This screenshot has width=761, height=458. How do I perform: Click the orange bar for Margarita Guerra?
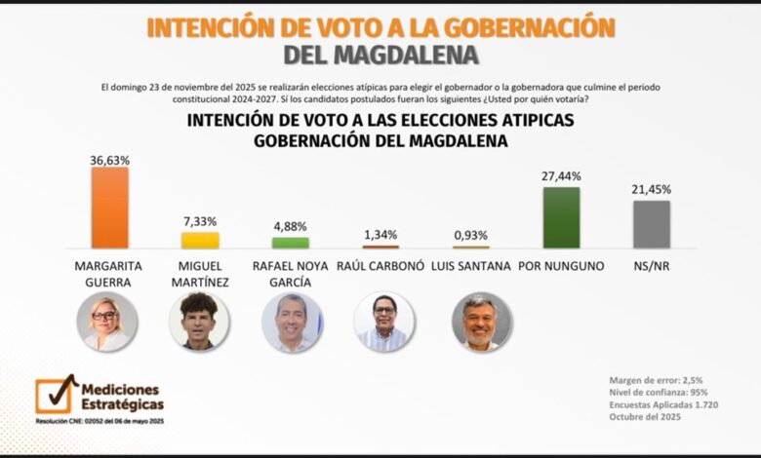click(109, 207)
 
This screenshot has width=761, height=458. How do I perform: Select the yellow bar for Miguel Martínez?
click(200, 240)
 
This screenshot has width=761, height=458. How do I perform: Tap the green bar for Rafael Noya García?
click(290, 243)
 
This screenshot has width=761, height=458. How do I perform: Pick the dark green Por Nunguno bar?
click(561, 217)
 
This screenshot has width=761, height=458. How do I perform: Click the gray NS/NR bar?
click(651, 223)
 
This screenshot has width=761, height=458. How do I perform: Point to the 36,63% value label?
click(109, 159)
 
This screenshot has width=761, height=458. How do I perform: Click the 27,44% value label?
click(561, 176)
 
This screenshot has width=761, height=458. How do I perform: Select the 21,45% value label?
click(651, 189)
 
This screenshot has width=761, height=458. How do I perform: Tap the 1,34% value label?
click(380, 235)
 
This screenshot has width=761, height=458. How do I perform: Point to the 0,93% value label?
click(470, 236)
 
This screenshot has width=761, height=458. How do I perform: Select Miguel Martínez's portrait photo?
click(199, 322)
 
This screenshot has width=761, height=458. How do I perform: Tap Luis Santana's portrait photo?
click(481, 322)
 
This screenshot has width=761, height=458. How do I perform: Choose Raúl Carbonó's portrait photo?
click(383, 322)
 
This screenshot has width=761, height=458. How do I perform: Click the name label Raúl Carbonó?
click(380, 266)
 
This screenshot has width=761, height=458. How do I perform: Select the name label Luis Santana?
click(470, 266)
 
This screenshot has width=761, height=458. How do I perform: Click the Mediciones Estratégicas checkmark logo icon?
click(56, 393)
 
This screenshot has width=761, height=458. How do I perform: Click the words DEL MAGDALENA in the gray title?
click(380, 56)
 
